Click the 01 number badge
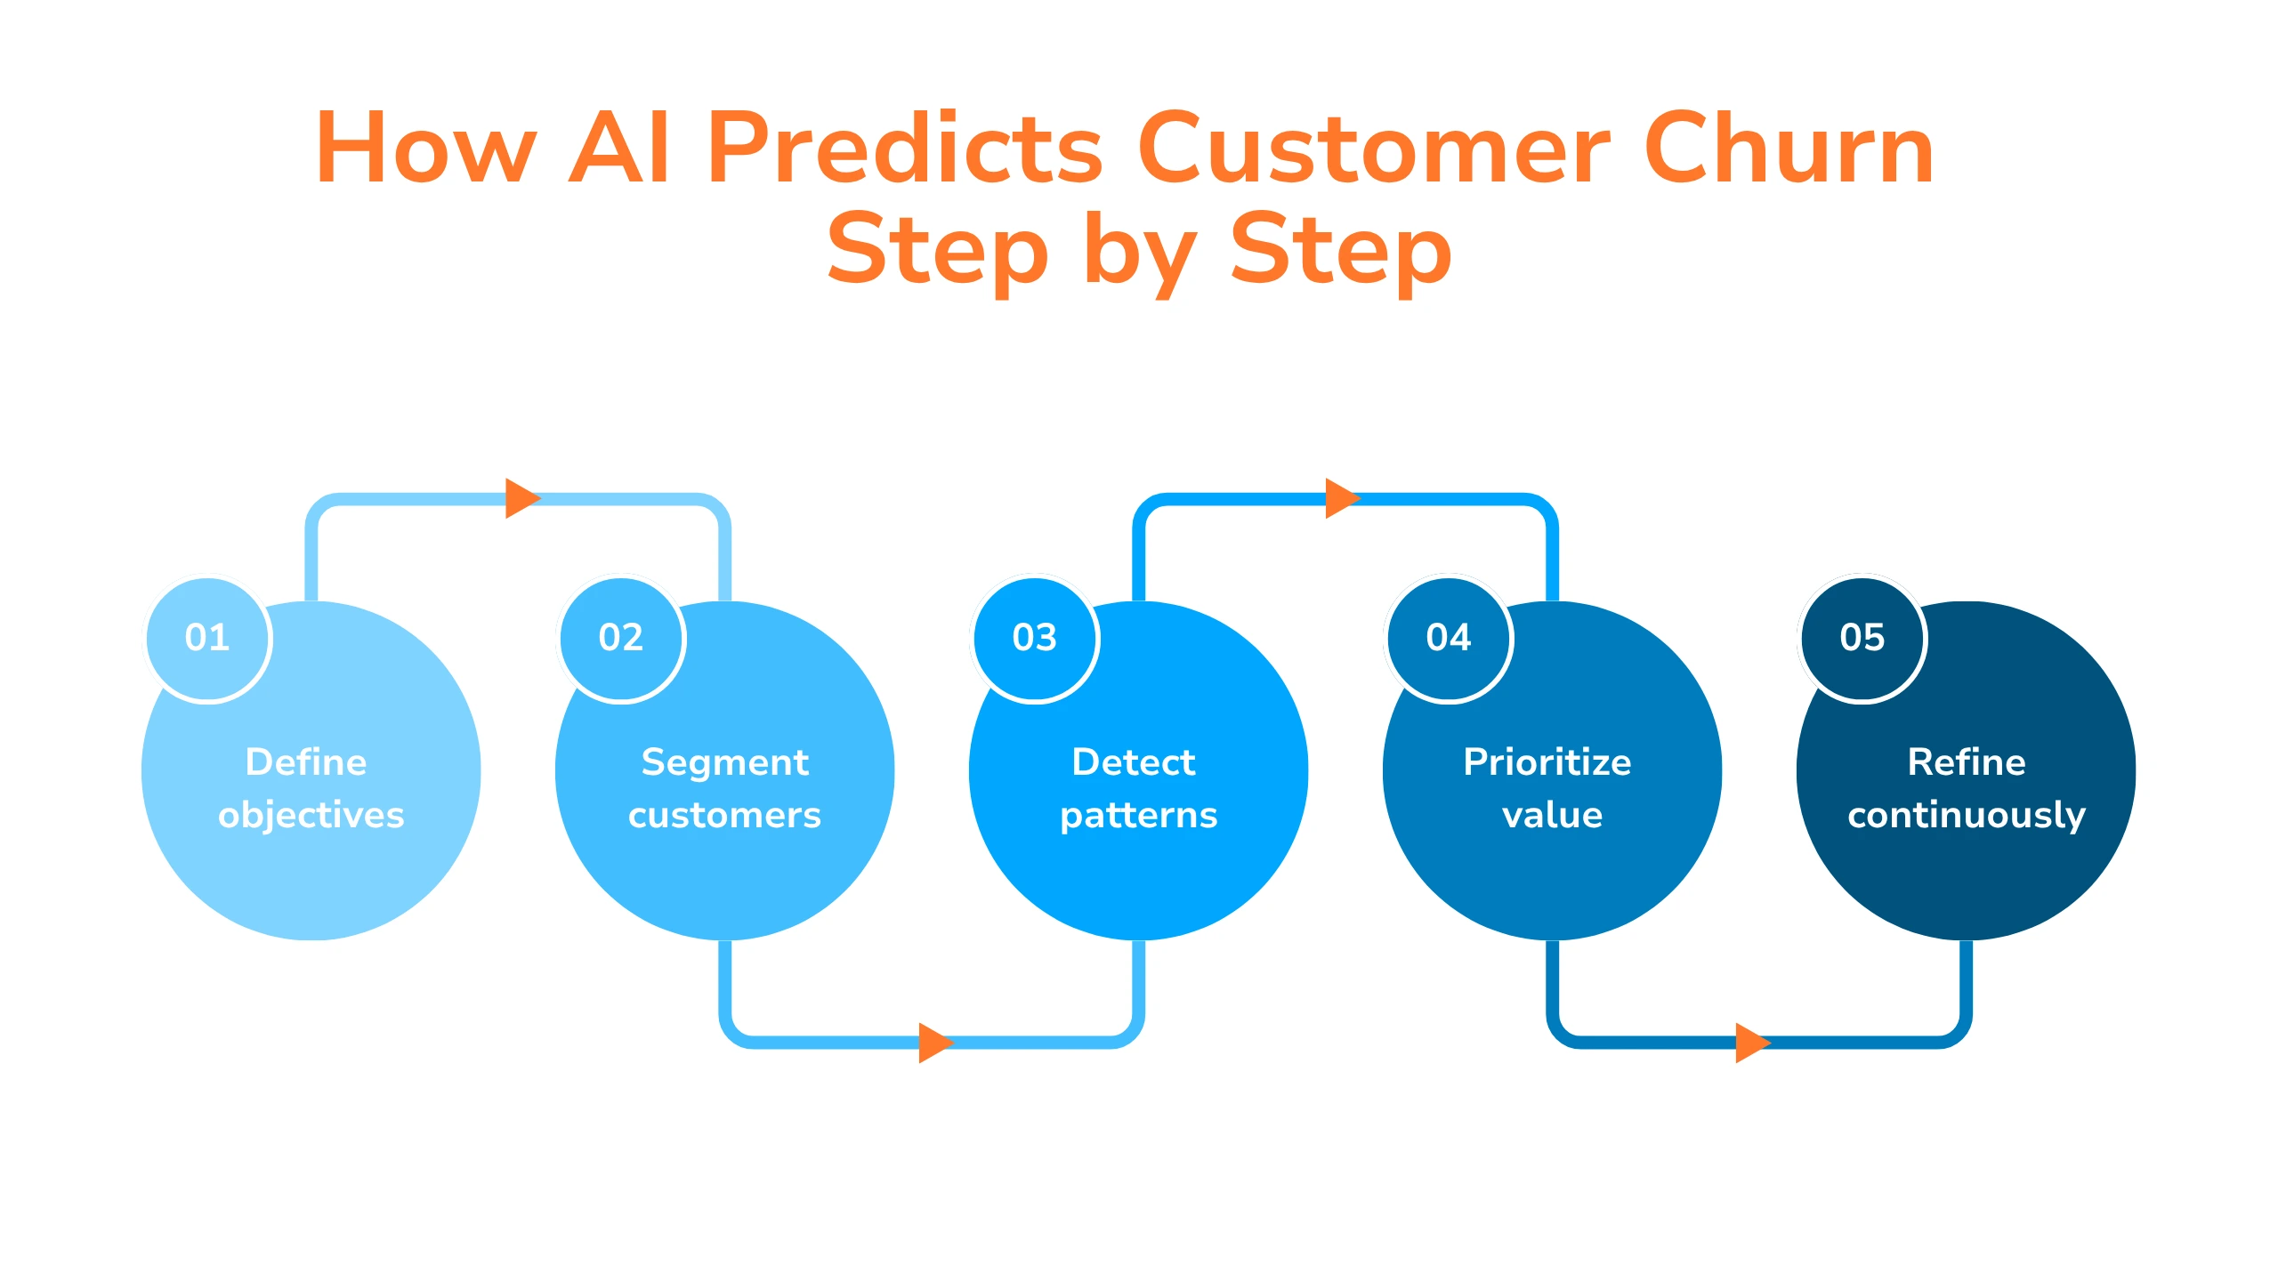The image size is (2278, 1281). [x=207, y=638]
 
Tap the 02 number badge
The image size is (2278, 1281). [x=621, y=638]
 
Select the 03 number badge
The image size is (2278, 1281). [x=1035, y=638]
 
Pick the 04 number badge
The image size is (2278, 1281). [x=1449, y=638]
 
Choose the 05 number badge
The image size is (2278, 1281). [x=1862, y=638]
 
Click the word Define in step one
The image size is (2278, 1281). [x=306, y=762]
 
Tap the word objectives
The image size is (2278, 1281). [x=311, y=816]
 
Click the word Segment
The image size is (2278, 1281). [x=724, y=762]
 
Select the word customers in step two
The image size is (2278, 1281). [x=724, y=816]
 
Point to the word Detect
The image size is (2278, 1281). [x=1134, y=762]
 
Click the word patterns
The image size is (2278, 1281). [x=1139, y=816]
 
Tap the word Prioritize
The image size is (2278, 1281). [x=1547, y=762]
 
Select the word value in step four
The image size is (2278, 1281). [x=1553, y=816]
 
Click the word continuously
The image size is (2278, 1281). [x=1967, y=816]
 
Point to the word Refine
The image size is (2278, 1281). [x=1967, y=762]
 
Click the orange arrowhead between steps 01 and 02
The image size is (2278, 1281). [x=521, y=498]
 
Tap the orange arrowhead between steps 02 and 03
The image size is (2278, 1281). [x=933, y=1043]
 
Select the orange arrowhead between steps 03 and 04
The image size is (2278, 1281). [x=1340, y=498]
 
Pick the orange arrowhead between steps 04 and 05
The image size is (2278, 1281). [x=1750, y=1043]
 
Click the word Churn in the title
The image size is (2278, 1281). [x=1789, y=149]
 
